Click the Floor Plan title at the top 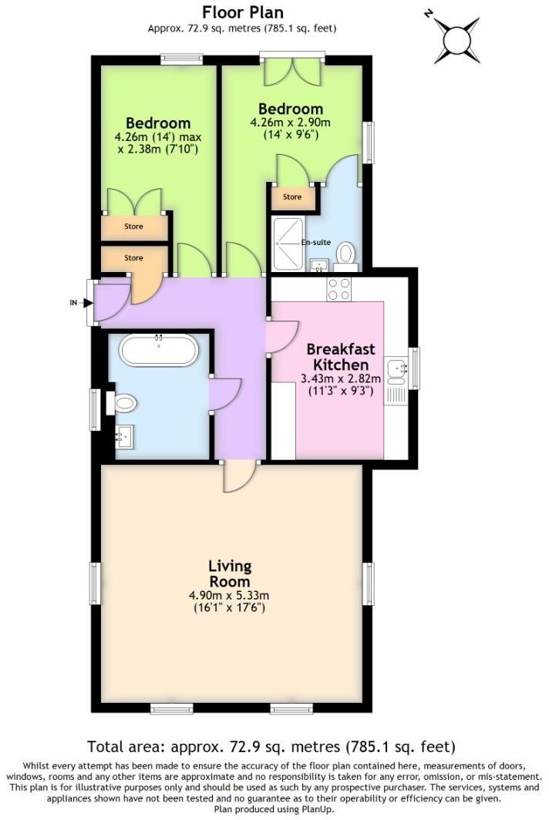pos(242,12)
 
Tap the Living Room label pos(229,574)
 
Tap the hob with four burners pos(338,289)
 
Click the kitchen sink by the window pos(397,371)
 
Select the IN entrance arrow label pos(74,302)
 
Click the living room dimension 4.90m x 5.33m pos(229,596)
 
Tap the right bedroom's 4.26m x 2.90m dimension pos(291,122)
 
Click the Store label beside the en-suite pos(292,197)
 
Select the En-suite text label pos(316,242)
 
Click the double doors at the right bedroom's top pos(291,72)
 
